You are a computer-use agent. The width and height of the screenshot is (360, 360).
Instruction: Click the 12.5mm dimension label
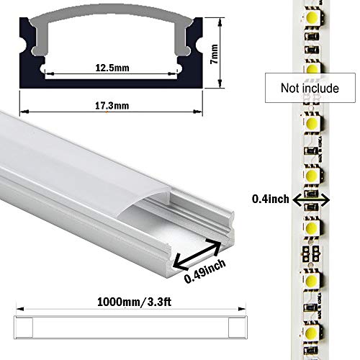pos(112,68)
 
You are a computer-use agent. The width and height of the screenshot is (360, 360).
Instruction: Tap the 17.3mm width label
pos(112,106)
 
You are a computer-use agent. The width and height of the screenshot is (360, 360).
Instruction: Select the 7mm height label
pos(214,54)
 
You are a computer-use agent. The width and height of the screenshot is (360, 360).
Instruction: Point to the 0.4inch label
pos(271,199)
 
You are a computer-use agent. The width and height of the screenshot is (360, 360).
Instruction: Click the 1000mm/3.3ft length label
pos(134,302)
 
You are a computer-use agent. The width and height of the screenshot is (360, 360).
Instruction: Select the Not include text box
pos(310,88)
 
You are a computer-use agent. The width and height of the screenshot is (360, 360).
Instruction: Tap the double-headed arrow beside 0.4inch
pos(311,199)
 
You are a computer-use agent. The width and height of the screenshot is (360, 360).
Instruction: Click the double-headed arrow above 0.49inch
pos(197,254)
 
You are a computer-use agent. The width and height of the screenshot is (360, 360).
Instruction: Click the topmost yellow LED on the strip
pos(312,17)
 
